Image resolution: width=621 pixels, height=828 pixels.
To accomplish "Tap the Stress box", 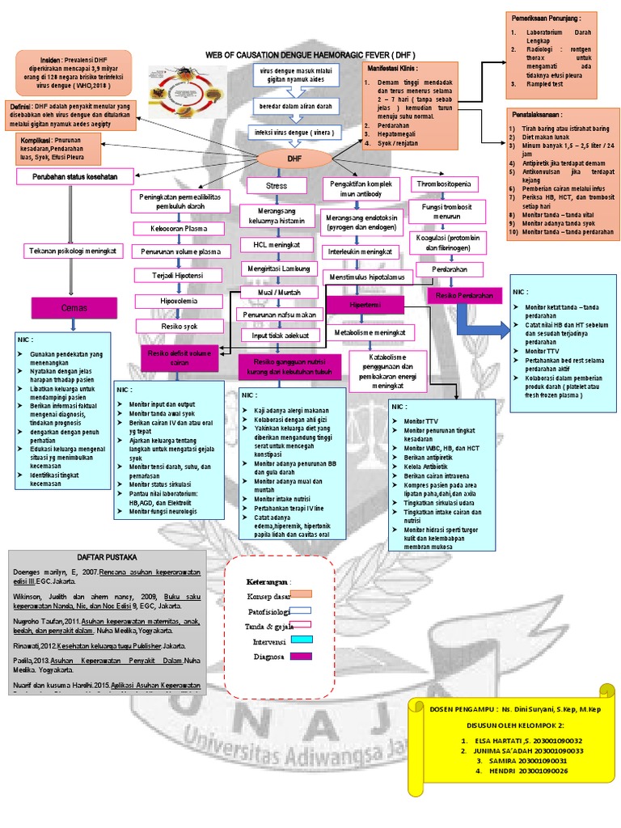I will pos(277,186).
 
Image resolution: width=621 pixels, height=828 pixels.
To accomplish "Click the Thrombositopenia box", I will pos(446,184).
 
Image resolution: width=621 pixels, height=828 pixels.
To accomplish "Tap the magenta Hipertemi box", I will pos(365,305).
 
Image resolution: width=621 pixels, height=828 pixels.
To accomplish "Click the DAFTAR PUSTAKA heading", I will pos(106,558).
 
